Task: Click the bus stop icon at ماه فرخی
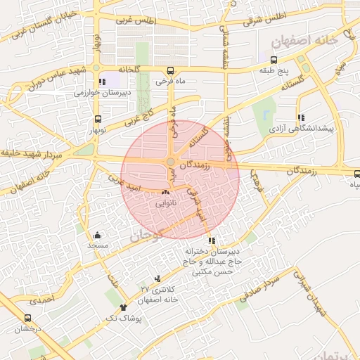coord(170,71)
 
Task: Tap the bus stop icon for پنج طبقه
coord(274,60)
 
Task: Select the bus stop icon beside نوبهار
coord(98,118)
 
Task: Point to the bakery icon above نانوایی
coord(166,192)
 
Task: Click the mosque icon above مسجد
coord(97,236)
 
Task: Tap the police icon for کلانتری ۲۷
coord(157,278)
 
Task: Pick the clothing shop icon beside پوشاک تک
coord(124,307)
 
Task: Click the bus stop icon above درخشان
coord(28,318)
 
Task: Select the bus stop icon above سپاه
coord(356,174)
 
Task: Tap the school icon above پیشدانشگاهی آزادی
coord(301,118)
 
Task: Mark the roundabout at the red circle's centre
coord(171,163)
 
